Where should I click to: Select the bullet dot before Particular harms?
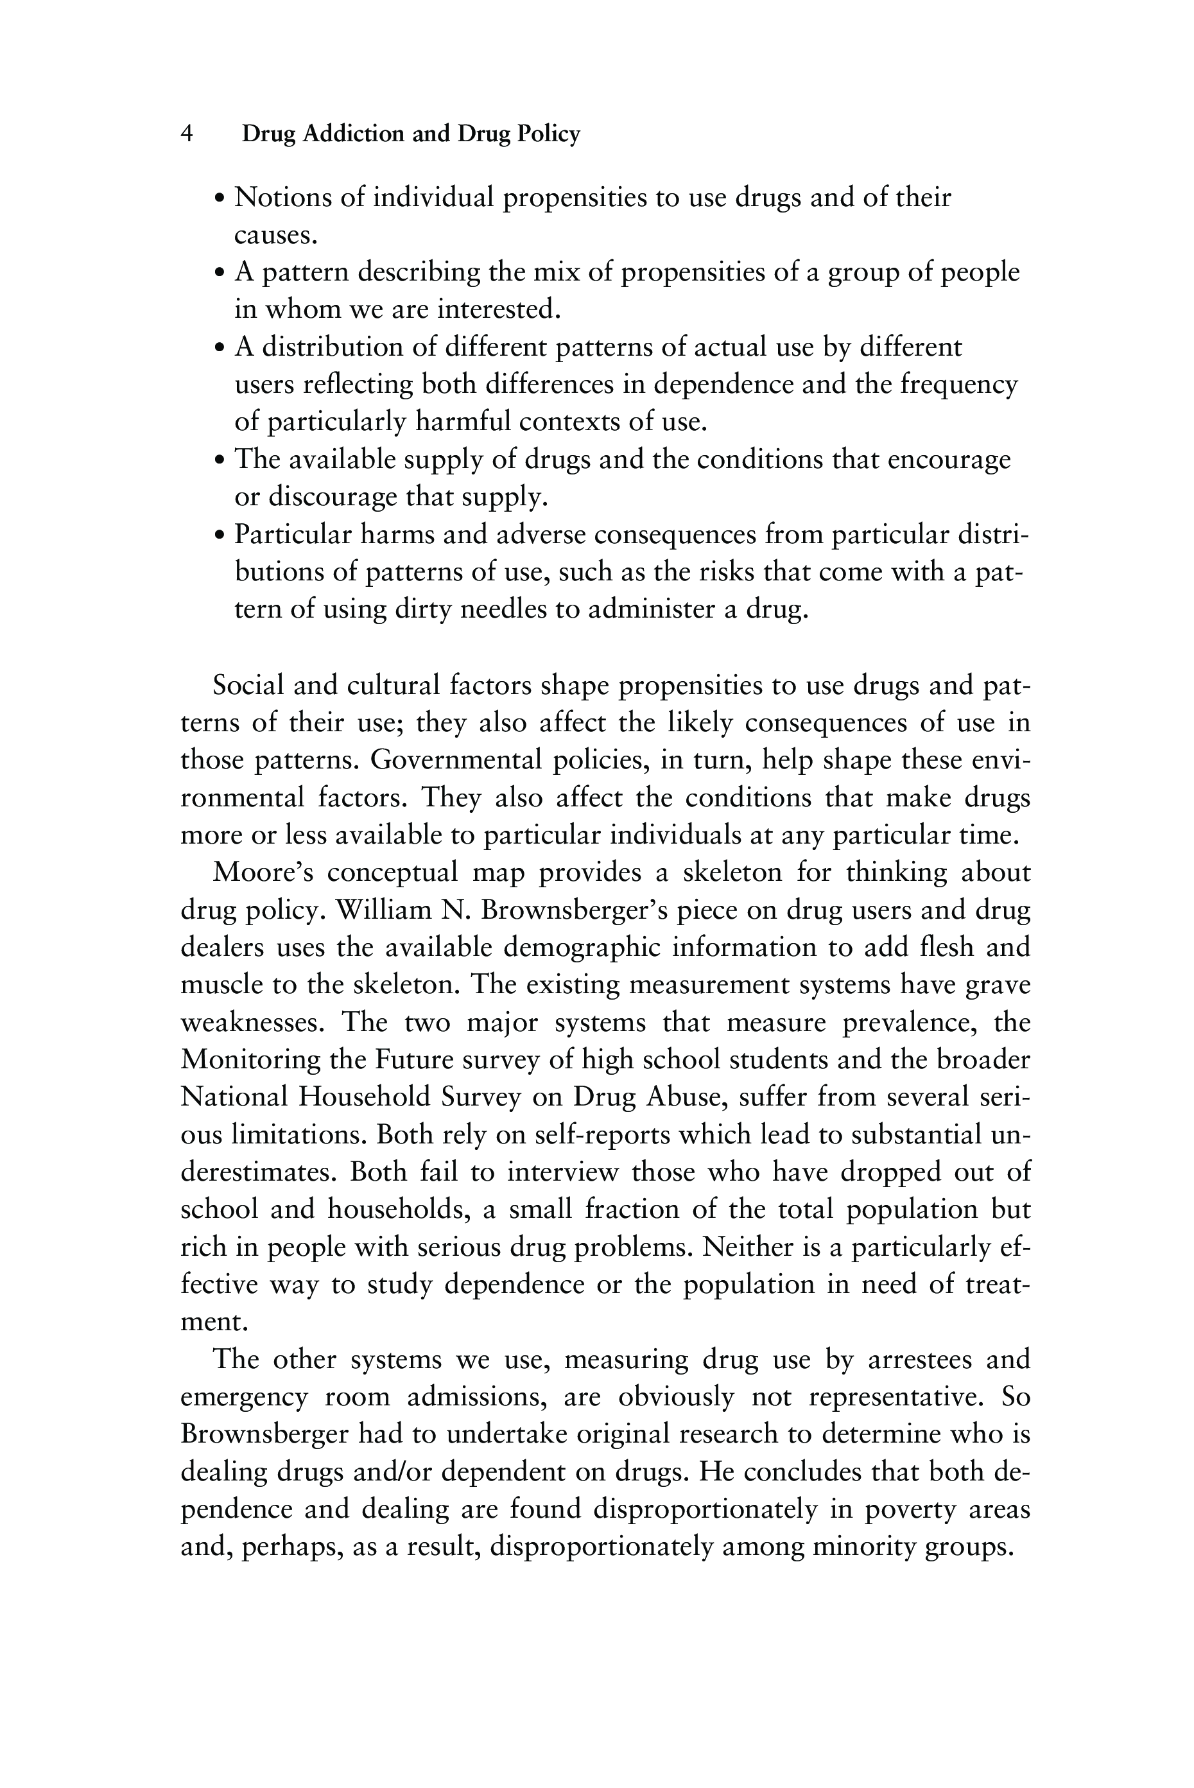point(220,535)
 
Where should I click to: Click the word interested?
point(499,309)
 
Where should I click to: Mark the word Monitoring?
point(250,1060)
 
